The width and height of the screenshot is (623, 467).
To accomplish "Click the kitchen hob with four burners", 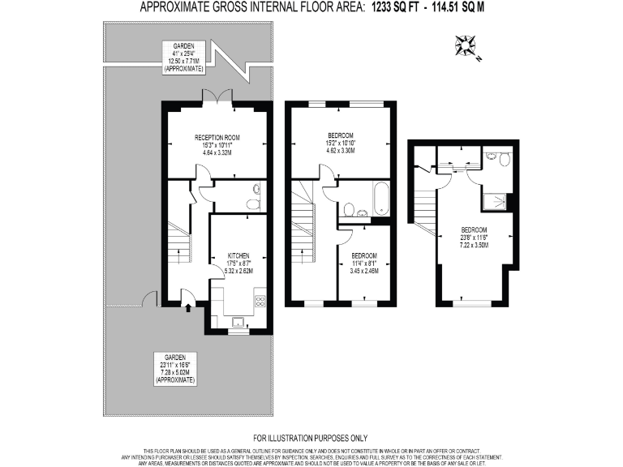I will [x=260, y=301].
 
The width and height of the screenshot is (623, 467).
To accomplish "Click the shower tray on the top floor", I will [x=497, y=200].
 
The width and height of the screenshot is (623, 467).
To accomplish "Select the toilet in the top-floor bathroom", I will [x=504, y=160].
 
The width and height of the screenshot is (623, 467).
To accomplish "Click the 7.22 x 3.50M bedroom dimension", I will [x=475, y=244].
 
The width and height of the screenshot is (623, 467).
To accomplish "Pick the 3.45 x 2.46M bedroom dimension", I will [x=364, y=270].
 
